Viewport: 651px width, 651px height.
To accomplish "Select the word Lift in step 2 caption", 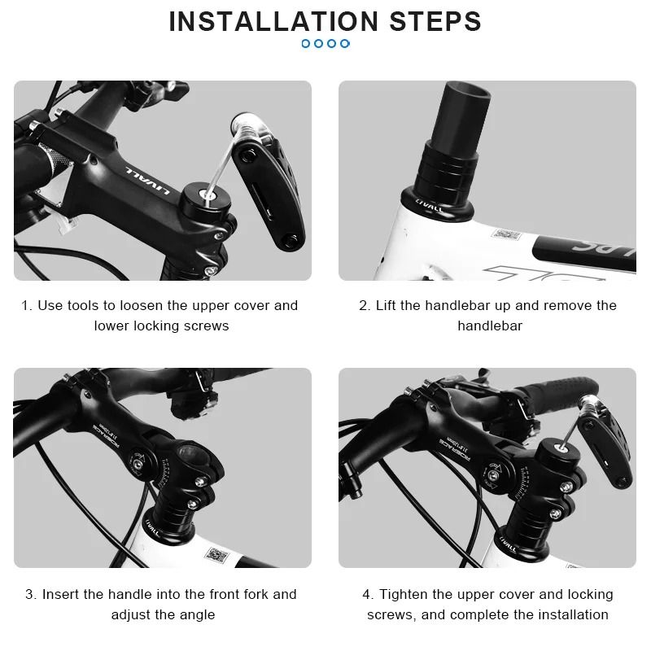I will point(388,306).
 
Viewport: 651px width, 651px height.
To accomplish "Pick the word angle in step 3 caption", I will point(196,614).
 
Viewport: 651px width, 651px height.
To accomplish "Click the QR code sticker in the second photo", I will point(505,235).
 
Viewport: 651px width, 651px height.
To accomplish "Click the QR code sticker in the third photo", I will point(216,556).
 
